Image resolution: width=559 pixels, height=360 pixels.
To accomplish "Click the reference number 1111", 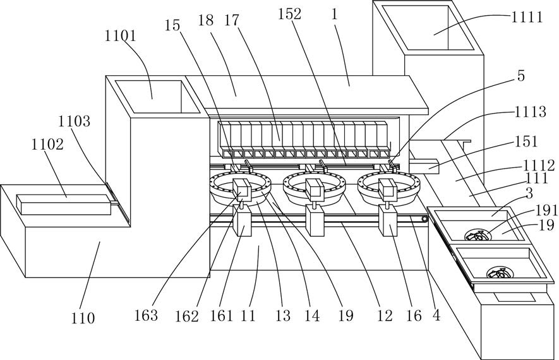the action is pos(527,17).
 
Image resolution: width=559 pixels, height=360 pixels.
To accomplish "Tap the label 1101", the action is pos(120,36).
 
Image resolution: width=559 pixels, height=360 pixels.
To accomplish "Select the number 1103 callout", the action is pos(74,121).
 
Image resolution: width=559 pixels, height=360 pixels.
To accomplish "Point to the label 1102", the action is pos(47,145).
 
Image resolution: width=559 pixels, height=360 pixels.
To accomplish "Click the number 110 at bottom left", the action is pos(83,318).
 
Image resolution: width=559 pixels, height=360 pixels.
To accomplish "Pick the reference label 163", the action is pos(146,315).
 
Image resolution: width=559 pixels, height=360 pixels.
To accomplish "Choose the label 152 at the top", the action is pos(290,14).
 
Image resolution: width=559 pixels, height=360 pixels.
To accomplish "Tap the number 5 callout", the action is pos(521,76).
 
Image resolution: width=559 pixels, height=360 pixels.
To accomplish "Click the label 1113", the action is pos(530,112).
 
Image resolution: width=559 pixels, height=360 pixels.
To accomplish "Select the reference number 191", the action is pos(545,211).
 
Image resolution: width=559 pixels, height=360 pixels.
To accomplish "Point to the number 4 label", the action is pos(436,315).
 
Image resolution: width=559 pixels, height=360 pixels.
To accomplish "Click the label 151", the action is pos(526,141).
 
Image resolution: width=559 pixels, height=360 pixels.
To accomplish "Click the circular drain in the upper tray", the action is pos(476,235).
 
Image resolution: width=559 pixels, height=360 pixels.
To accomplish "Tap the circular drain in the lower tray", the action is pos(499,273).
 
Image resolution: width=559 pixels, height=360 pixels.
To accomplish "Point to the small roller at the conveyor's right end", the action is pos(424,219).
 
